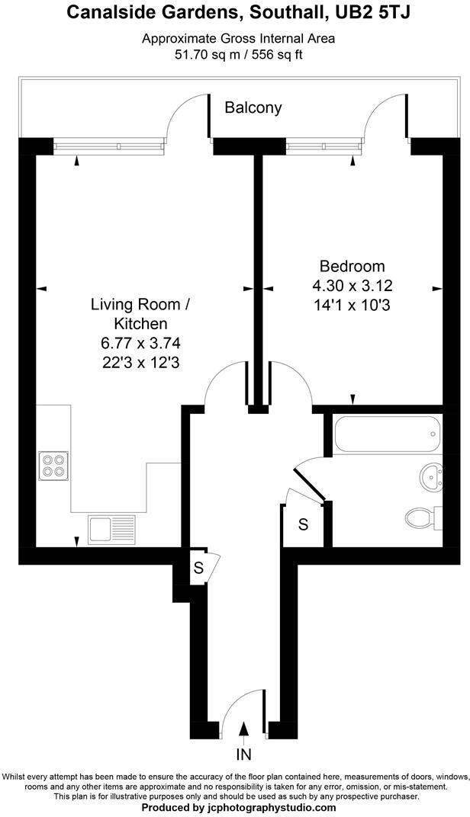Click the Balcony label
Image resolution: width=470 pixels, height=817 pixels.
coord(253,108)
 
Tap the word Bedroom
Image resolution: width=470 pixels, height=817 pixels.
coord(352,267)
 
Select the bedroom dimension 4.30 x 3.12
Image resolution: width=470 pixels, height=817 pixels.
coord(352,287)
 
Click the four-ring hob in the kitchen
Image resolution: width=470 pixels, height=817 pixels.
coord(53,465)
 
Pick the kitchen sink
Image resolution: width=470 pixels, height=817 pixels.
coord(112,528)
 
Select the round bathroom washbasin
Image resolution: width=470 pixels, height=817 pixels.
coord(431,479)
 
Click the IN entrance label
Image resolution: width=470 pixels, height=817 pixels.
coord(243,755)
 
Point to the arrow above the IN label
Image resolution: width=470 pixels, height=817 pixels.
coord(243,732)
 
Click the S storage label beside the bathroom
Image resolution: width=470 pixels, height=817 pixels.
coord(303,524)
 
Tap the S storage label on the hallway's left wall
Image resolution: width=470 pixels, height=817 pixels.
coord(198,568)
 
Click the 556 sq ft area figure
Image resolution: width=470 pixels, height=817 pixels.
coord(273,55)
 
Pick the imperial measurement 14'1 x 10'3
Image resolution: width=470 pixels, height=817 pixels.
coord(352,306)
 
